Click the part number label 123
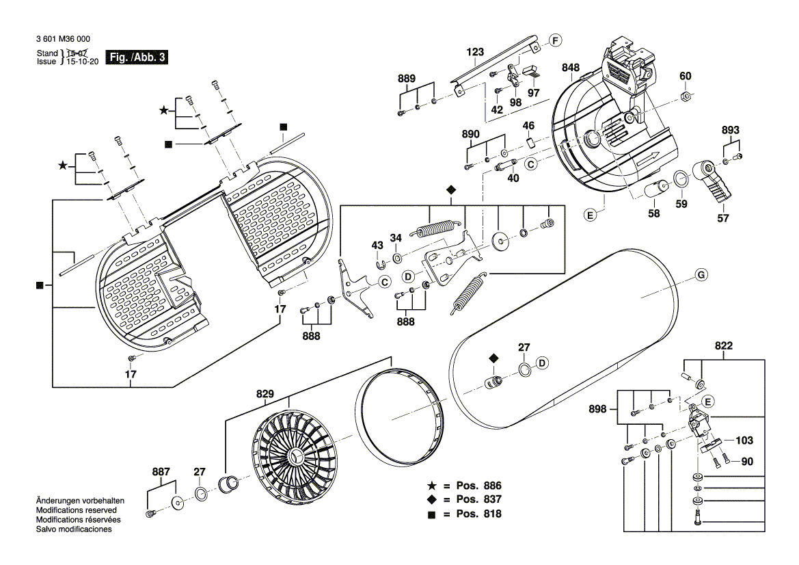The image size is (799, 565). pos(475,52)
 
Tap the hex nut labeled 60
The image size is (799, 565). pos(686,96)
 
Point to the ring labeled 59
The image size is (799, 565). pos(681,180)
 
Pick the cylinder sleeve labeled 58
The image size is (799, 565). pos(658,190)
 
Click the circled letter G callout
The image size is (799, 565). pos(701,276)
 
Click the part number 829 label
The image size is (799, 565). pos(265,394)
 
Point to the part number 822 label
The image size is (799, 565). pos(724,347)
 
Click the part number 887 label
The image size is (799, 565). pos(161,471)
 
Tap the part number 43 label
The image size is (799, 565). pos(377,246)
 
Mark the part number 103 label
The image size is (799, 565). pos(744,441)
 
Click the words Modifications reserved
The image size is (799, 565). pos(76,510)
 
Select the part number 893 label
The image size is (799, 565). pos(731,130)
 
